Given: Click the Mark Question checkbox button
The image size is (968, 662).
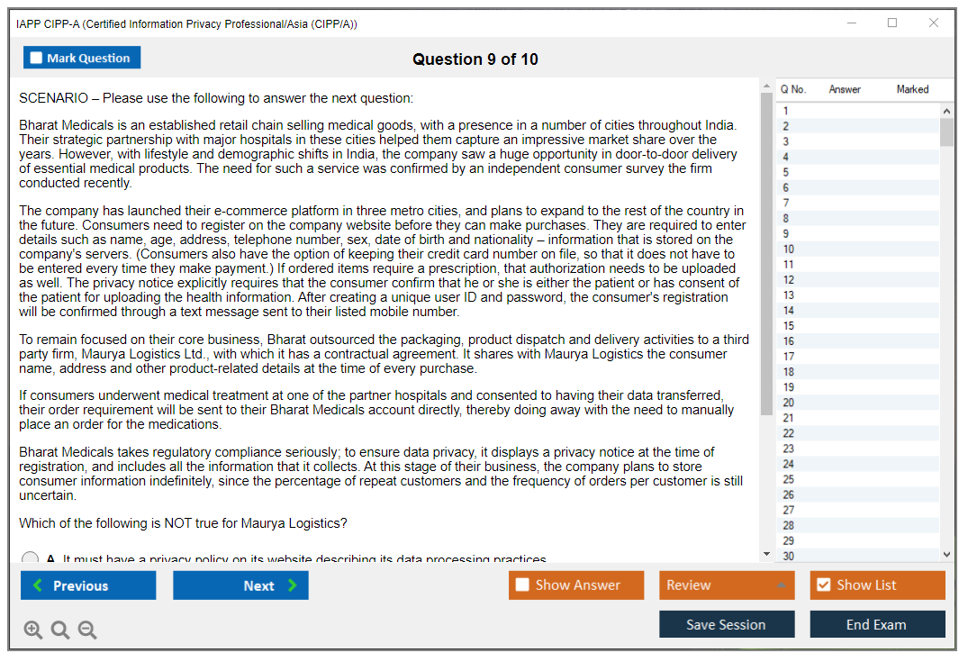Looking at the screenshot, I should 82,58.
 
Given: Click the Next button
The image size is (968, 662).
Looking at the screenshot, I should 240,585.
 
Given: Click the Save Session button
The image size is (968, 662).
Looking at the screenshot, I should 726,624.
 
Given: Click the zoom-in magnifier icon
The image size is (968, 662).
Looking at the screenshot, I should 33,630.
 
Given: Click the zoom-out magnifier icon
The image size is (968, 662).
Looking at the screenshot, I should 87,630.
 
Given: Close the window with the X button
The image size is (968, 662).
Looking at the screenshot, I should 934,23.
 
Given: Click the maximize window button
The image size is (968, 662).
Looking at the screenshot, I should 892,23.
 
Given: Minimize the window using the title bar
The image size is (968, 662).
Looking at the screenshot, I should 851,23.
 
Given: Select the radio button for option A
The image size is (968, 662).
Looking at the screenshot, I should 30,558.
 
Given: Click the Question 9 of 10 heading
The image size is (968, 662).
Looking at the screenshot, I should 475,59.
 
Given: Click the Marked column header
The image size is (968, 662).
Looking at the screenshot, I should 912,89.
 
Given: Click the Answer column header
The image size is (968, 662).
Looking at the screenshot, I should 845,89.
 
